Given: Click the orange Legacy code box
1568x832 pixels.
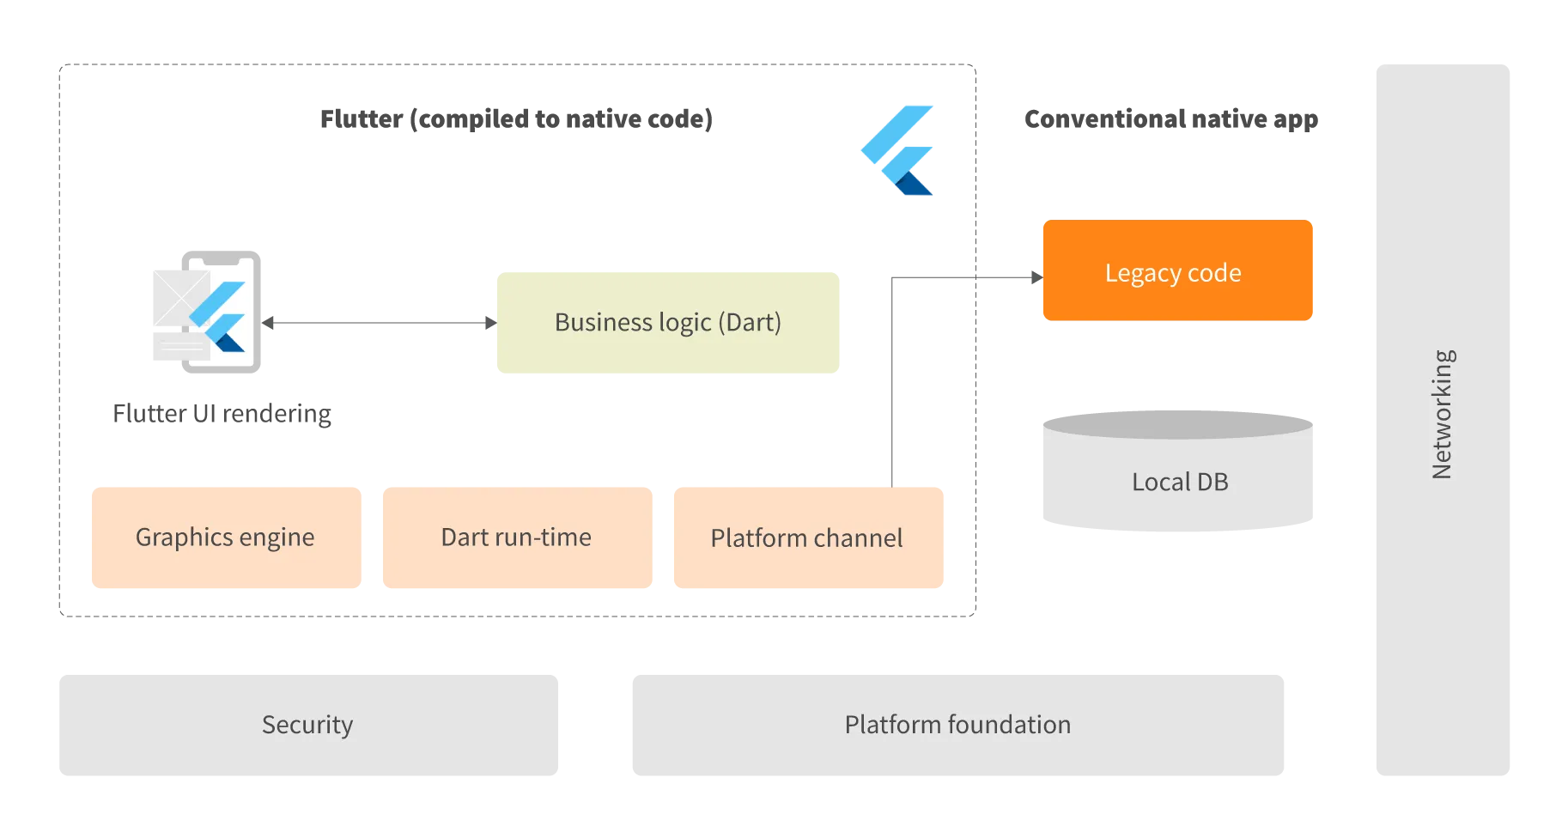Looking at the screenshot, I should [x=1176, y=271].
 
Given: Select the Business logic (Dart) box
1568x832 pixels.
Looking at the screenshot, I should [x=668, y=323].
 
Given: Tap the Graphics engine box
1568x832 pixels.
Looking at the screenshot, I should [x=226, y=537].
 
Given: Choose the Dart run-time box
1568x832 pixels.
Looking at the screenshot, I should [x=515, y=537].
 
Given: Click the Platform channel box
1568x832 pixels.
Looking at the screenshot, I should [x=809, y=537].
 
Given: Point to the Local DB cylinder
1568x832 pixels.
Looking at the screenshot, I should [x=1178, y=472].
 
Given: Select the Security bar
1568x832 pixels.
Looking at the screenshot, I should [x=308, y=725].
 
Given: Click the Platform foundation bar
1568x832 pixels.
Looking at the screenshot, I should [x=957, y=725].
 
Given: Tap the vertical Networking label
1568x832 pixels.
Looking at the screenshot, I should [x=1442, y=414].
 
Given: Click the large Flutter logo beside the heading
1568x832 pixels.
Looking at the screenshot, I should [x=898, y=149].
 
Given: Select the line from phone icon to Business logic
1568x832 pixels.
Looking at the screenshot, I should [x=378, y=323].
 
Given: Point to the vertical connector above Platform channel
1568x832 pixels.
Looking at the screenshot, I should [x=890, y=386].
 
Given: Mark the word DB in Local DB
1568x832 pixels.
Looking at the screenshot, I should [x=1212, y=482].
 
